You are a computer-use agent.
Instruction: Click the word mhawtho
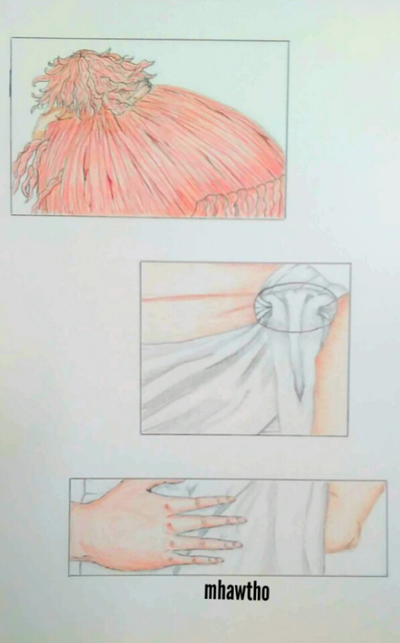237,591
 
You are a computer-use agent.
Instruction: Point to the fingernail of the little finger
218,559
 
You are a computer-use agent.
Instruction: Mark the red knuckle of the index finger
167,508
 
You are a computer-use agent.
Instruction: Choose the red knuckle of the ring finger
172,544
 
